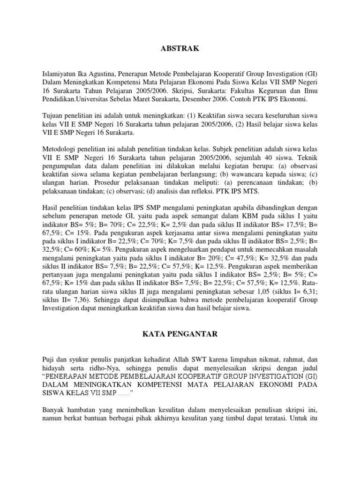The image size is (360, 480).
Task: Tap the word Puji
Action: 50,360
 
